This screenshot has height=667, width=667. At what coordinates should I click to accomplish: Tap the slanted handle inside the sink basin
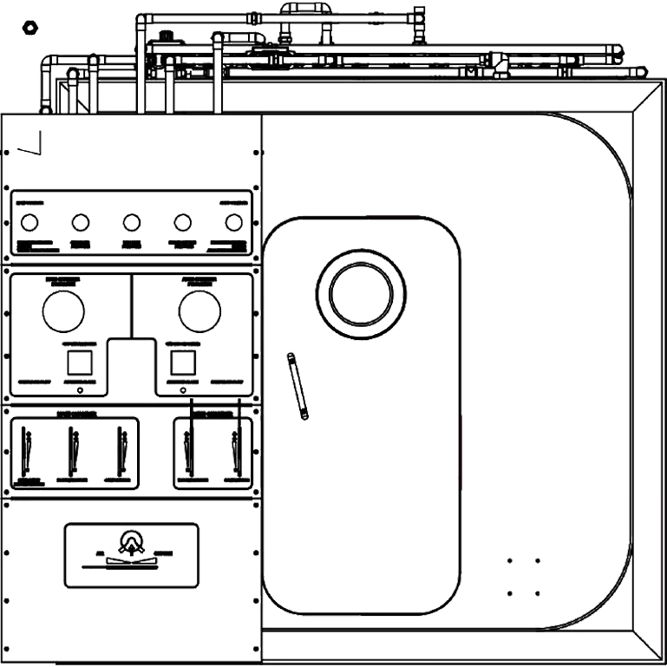(299, 387)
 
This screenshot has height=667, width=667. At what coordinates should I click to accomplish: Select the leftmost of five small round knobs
(29, 223)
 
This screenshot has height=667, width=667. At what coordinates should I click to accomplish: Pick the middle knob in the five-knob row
(131, 223)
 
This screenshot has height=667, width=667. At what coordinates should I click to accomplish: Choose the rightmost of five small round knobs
(232, 223)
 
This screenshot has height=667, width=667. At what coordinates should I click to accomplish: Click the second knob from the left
(80, 223)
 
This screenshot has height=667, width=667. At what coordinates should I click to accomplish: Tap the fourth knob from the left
(182, 223)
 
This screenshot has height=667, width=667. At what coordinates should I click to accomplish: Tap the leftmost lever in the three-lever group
(29, 449)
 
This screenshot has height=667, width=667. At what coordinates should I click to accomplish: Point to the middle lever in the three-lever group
(74, 449)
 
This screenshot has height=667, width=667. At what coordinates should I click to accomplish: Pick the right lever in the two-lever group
(233, 449)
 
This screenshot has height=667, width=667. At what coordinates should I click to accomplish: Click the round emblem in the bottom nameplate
(132, 543)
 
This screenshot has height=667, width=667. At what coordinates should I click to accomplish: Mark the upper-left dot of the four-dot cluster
(509, 560)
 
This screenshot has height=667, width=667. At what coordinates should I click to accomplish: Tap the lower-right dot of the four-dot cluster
(538, 593)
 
